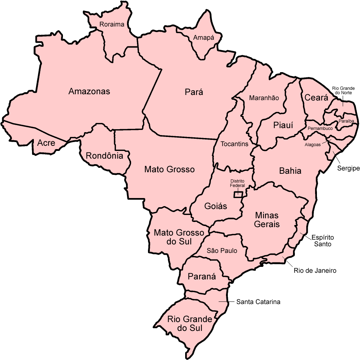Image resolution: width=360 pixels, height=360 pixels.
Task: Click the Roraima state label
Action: (x=112, y=25)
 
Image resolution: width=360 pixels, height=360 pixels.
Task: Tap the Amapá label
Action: (x=201, y=38)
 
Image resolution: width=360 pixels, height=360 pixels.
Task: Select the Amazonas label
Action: (x=89, y=91)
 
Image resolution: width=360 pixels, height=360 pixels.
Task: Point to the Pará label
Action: (x=194, y=92)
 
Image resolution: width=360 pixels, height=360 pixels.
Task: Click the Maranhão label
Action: (x=264, y=98)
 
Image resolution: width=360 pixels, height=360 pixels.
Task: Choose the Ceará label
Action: (x=316, y=98)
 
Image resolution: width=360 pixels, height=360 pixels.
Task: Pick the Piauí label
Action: (x=283, y=126)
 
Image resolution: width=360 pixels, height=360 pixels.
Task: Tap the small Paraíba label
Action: (x=346, y=121)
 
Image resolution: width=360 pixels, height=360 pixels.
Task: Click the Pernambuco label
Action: (x=320, y=128)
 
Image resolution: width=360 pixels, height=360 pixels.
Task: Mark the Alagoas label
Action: (x=312, y=145)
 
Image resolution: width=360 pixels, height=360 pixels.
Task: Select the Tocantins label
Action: (x=234, y=144)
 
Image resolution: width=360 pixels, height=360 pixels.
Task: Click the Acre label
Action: (x=46, y=143)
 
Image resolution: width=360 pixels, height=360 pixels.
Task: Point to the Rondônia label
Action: (x=104, y=156)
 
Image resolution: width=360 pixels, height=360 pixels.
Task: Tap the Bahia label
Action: (x=290, y=171)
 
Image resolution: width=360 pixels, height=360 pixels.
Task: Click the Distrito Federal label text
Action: (x=237, y=183)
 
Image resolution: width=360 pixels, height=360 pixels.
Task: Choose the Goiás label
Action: (x=216, y=206)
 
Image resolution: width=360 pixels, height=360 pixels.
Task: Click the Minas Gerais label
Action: (x=267, y=220)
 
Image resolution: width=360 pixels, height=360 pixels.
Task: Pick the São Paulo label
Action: (x=222, y=251)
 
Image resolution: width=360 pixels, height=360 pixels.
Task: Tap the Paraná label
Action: (x=202, y=277)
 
